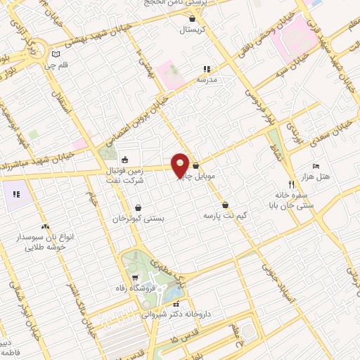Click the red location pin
pyautogui.click(x=181, y=165)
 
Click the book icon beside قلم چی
pyautogui.click(x=56, y=53)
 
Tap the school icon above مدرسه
pyautogui.click(x=207, y=69)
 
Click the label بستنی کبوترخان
pyautogui.click(x=139, y=219)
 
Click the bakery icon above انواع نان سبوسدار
pyautogui.click(x=45, y=227)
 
